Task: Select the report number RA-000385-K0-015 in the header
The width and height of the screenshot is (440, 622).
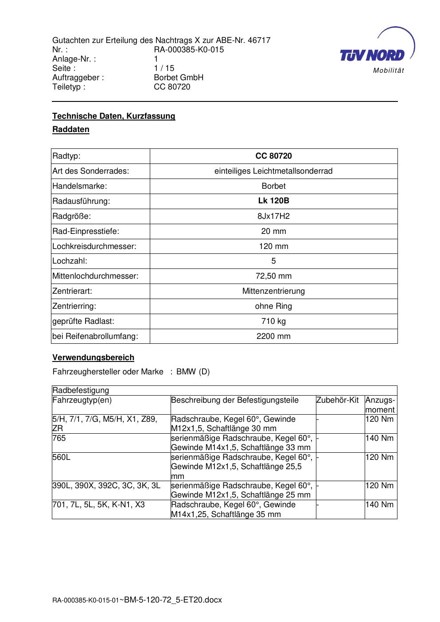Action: point(189,50)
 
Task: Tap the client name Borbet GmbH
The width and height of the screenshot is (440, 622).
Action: point(179,78)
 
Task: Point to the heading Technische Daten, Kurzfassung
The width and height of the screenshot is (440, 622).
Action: point(114,116)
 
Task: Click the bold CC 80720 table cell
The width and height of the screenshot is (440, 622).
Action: point(273,156)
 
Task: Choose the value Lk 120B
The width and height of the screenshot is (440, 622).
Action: point(273,201)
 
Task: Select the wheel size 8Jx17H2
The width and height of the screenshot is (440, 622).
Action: point(273,216)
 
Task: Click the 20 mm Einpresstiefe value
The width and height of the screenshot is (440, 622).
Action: point(273,231)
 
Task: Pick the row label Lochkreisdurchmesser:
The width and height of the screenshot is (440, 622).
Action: point(94,246)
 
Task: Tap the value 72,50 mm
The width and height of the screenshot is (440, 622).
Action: point(273,276)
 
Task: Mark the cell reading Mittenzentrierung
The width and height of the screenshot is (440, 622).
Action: point(273,291)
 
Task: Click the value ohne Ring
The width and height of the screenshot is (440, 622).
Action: point(273,306)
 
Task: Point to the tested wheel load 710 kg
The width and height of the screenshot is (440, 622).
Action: point(273,321)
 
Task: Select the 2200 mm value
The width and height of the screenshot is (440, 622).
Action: point(273,336)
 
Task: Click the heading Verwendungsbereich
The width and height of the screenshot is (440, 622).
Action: point(93,358)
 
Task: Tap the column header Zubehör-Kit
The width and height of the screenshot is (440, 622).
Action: point(337,400)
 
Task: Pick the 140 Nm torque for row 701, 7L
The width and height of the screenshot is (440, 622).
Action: point(379,505)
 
